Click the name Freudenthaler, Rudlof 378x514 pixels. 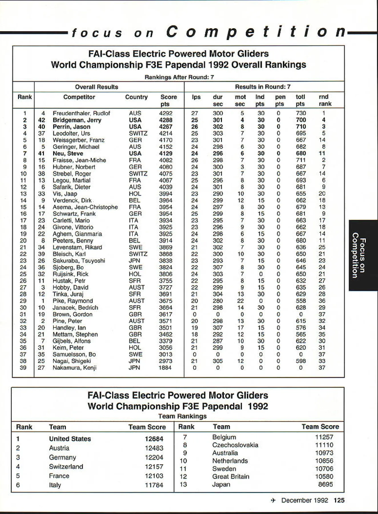(81, 113)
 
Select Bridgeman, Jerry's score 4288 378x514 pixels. (166, 120)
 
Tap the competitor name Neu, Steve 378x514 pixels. (68, 154)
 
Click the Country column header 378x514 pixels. (136, 97)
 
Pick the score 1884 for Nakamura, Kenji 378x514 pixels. (165, 368)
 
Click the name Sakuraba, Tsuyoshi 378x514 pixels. (79, 261)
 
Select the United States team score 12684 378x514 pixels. (154, 439)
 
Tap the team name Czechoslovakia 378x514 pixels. (235, 445)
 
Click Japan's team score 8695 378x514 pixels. (325, 484)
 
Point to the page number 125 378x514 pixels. (339, 500)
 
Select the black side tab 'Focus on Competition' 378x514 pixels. (363, 255)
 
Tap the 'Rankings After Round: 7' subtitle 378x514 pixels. (179, 77)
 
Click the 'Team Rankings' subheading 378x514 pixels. (182, 416)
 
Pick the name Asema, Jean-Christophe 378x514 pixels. (85, 207)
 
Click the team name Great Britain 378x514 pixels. (231, 476)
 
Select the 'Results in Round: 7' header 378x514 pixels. (263, 87)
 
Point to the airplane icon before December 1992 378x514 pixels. (273, 500)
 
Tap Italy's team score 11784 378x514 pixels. (154, 485)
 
